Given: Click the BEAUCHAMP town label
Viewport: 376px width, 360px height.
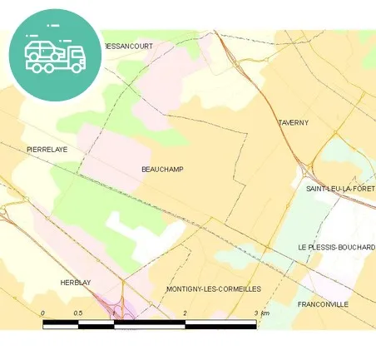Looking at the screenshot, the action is pos(163,170).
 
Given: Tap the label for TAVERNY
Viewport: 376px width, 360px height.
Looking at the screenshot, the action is pos(293,123).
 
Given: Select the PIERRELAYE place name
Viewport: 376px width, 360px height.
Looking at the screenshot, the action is pos(47,150).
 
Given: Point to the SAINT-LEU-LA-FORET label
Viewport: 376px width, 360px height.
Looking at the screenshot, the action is pos(340,190).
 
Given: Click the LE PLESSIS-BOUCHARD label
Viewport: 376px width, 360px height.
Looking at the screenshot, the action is pos(336,249).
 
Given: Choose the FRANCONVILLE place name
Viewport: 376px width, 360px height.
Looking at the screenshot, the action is pos(323,305).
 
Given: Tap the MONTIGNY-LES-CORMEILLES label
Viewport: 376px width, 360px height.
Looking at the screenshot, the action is pos(214,289).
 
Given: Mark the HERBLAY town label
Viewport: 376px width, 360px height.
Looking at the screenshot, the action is pos(75,284).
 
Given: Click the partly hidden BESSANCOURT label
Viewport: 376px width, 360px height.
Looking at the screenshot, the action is pos(129,47).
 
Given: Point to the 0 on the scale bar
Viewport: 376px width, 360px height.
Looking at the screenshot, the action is pos(43,313).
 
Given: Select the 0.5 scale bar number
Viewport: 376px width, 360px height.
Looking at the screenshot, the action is pos(77,313).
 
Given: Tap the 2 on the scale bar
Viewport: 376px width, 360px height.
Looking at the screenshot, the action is pos(185,313).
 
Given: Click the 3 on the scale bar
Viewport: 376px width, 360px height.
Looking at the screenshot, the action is pos(255,313).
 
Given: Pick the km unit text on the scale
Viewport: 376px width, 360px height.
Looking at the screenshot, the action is pos(265,313).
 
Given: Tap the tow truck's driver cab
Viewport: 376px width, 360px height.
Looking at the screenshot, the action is pos(75,55).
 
